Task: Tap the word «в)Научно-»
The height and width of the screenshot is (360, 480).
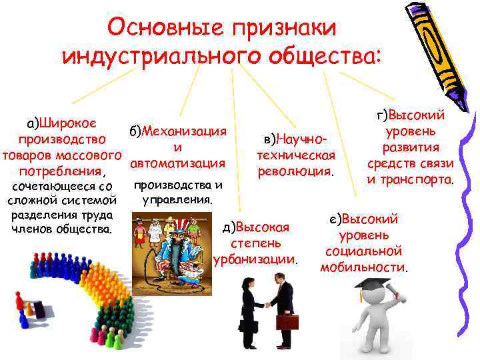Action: click(x=295, y=140)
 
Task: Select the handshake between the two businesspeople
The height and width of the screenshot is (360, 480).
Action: click(x=267, y=305)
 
